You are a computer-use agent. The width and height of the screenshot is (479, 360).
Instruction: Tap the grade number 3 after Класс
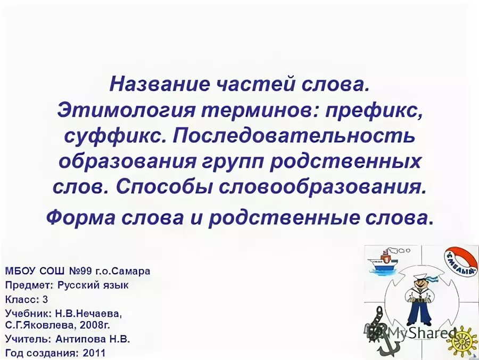[x=46, y=299]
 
